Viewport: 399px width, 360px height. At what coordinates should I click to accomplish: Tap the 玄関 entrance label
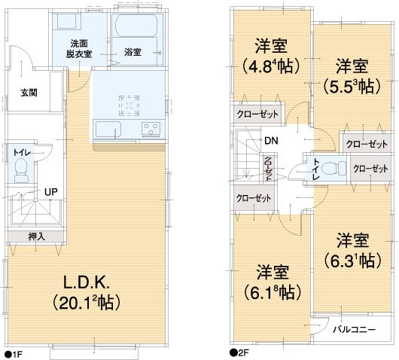click(x=29, y=93)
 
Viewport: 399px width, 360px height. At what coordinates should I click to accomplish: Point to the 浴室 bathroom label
click(x=133, y=52)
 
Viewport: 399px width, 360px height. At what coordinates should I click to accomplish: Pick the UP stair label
click(x=50, y=191)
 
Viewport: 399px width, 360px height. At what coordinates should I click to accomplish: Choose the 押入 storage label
click(x=36, y=236)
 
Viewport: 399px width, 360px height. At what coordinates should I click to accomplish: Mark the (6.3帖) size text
click(x=351, y=261)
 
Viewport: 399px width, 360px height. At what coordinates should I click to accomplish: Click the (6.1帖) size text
click(x=272, y=291)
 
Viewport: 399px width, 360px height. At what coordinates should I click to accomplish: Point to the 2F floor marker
click(x=239, y=352)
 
